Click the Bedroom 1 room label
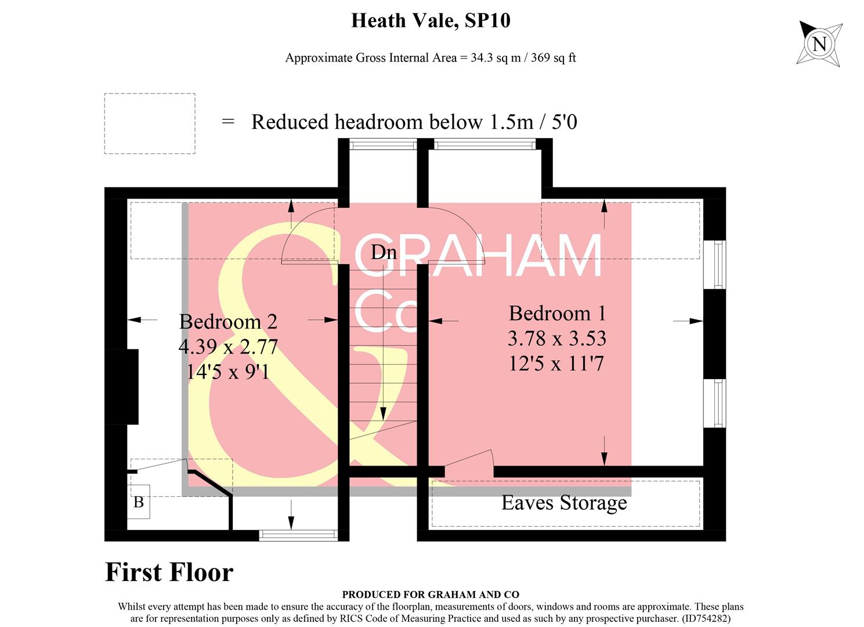(x=557, y=313)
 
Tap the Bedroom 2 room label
(x=228, y=322)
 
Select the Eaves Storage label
(x=564, y=503)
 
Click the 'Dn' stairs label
(x=384, y=252)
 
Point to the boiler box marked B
(x=139, y=502)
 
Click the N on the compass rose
(x=819, y=44)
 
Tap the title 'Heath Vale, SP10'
(x=431, y=21)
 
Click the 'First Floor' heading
(x=169, y=572)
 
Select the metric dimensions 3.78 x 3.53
(x=557, y=338)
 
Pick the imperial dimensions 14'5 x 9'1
(x=228, y=372)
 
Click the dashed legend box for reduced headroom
(x=150, y=123)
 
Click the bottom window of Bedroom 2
(x=298, y=535)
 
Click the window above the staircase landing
(x=383, y=144)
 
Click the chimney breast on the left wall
(x=122, y=386)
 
